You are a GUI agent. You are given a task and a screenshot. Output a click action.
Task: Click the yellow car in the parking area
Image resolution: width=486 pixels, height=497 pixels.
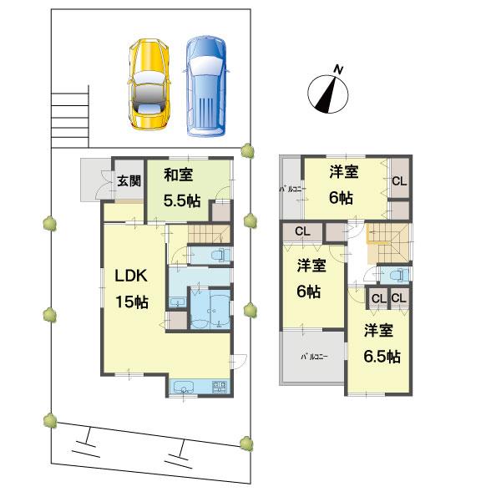(149, 85)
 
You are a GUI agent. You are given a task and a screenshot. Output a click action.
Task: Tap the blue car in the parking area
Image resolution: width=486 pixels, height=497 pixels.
(204, 85)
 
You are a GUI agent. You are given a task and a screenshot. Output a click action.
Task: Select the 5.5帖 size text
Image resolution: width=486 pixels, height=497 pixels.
(181, 200)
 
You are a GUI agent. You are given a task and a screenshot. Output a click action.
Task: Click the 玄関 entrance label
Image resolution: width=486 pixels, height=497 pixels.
(129, 180)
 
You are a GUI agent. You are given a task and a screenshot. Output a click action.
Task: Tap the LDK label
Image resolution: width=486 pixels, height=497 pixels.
(131, 277)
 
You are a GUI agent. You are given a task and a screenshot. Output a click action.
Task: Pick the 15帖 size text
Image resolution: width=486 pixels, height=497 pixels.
(131, 302)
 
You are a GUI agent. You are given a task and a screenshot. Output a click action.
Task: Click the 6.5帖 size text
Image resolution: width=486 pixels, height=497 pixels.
(382, 356)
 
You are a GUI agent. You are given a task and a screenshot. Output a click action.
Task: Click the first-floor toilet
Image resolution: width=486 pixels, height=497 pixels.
(216, 255)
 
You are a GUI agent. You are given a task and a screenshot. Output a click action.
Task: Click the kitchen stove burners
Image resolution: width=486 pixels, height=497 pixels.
(220, 386)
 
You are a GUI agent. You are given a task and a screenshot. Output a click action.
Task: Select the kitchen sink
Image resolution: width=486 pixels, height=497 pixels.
(185, 386)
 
